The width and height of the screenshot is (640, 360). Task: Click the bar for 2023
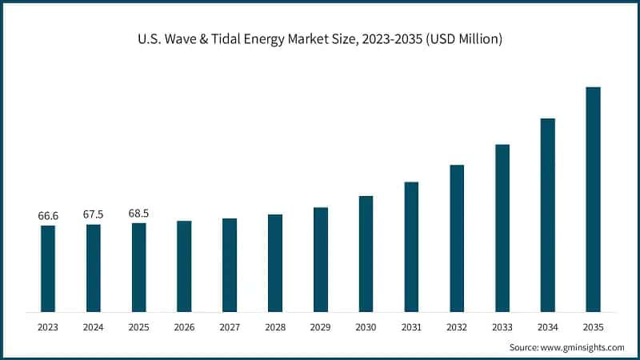click(48, 268)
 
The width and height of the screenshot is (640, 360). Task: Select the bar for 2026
click(184, 266)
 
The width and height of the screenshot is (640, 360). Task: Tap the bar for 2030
click(366, 254)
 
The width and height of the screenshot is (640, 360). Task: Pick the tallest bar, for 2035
click(593, 199)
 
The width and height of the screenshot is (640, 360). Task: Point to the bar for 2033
click(502, 228)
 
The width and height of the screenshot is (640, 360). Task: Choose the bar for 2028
click(275, 262)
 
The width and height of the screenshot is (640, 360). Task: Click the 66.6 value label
click(48, 216)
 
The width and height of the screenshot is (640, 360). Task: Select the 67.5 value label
click(94, 214)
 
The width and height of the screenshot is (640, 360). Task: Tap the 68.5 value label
click(138, 214)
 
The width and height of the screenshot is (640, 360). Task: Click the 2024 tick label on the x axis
click(94, 327)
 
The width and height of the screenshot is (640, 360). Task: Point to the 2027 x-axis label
click(230, 327)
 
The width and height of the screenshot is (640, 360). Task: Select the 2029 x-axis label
click(320, 327)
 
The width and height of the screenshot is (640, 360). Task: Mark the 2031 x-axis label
click(411, 327)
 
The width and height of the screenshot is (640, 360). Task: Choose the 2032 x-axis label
click(457, 327)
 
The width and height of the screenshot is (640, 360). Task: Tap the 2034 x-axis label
click(547, 327)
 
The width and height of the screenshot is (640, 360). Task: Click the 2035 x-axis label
click(593, 327)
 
